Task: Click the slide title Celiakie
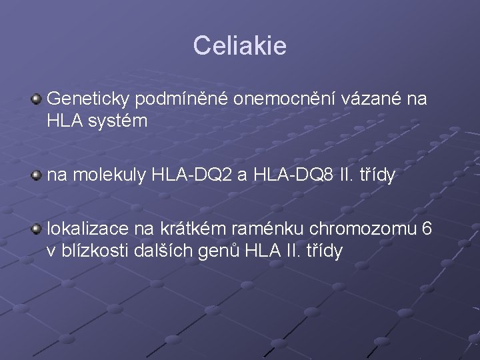[x=239, y=45]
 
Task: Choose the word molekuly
[x=109, y=175]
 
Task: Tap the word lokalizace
[x=88, y=229]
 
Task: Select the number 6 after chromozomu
[x=427, y=229]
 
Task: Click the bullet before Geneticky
[x=36, y=100]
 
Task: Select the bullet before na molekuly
[x=36, y=176]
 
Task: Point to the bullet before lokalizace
[x=36, y=230]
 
